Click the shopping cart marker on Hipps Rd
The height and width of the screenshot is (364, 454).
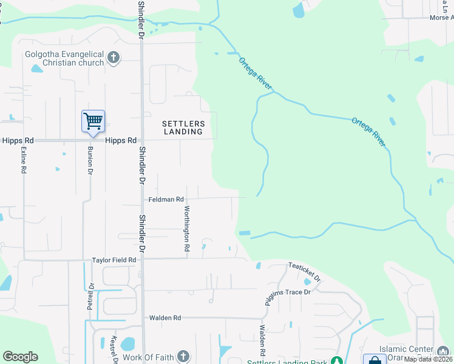(x=93, y=121)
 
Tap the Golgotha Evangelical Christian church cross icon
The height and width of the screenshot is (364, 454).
(x=112, y=58)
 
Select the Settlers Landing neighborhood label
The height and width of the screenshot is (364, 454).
(x=184, y=127)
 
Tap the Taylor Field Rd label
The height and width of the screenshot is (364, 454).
(x=114, y=260)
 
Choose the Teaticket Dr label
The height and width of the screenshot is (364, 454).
(x=304, y=271)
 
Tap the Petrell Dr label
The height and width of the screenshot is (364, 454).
(x=90, y=297)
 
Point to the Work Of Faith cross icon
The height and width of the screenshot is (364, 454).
(x=183, y=357)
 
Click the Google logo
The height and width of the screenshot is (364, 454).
(x=20, y=357)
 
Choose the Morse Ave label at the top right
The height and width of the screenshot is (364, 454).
(x=441, y=18)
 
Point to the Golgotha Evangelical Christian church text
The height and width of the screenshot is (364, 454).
(x=63, y=58)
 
